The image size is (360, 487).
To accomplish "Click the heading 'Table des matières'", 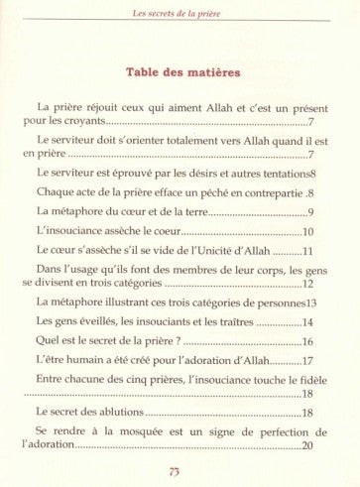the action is (x=180, y=73).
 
